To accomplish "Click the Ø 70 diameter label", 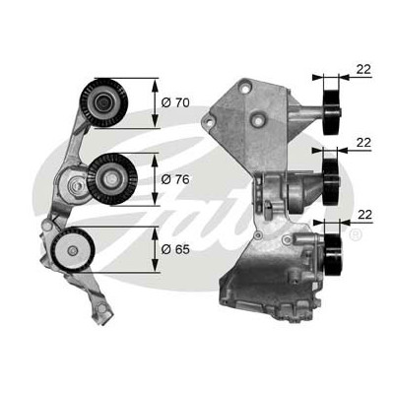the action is point(175,102).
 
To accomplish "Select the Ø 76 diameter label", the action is point(175,179).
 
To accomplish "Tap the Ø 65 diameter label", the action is point(175,249).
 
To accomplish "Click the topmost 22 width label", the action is point(363,69).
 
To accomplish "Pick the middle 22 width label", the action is point(363,143).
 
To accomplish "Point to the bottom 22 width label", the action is point(364,215).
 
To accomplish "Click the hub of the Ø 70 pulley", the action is point(103,102).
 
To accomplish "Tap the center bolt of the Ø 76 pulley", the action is point(110,179).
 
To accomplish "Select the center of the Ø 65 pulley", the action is point(72,251).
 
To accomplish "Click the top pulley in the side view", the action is point(331,111).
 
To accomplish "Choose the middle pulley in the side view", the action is point(331,182).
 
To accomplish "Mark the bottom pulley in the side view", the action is point(333,255).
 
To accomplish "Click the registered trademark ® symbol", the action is point(356,234).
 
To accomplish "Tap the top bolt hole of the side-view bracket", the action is point(244,88).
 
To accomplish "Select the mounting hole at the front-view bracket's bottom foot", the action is point(102,308).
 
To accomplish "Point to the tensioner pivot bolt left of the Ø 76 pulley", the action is point(76,186).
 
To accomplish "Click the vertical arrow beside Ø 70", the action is point(155,102).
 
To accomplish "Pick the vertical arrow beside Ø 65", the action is point(155,249).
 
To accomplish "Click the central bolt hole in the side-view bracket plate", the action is point(259,122).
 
